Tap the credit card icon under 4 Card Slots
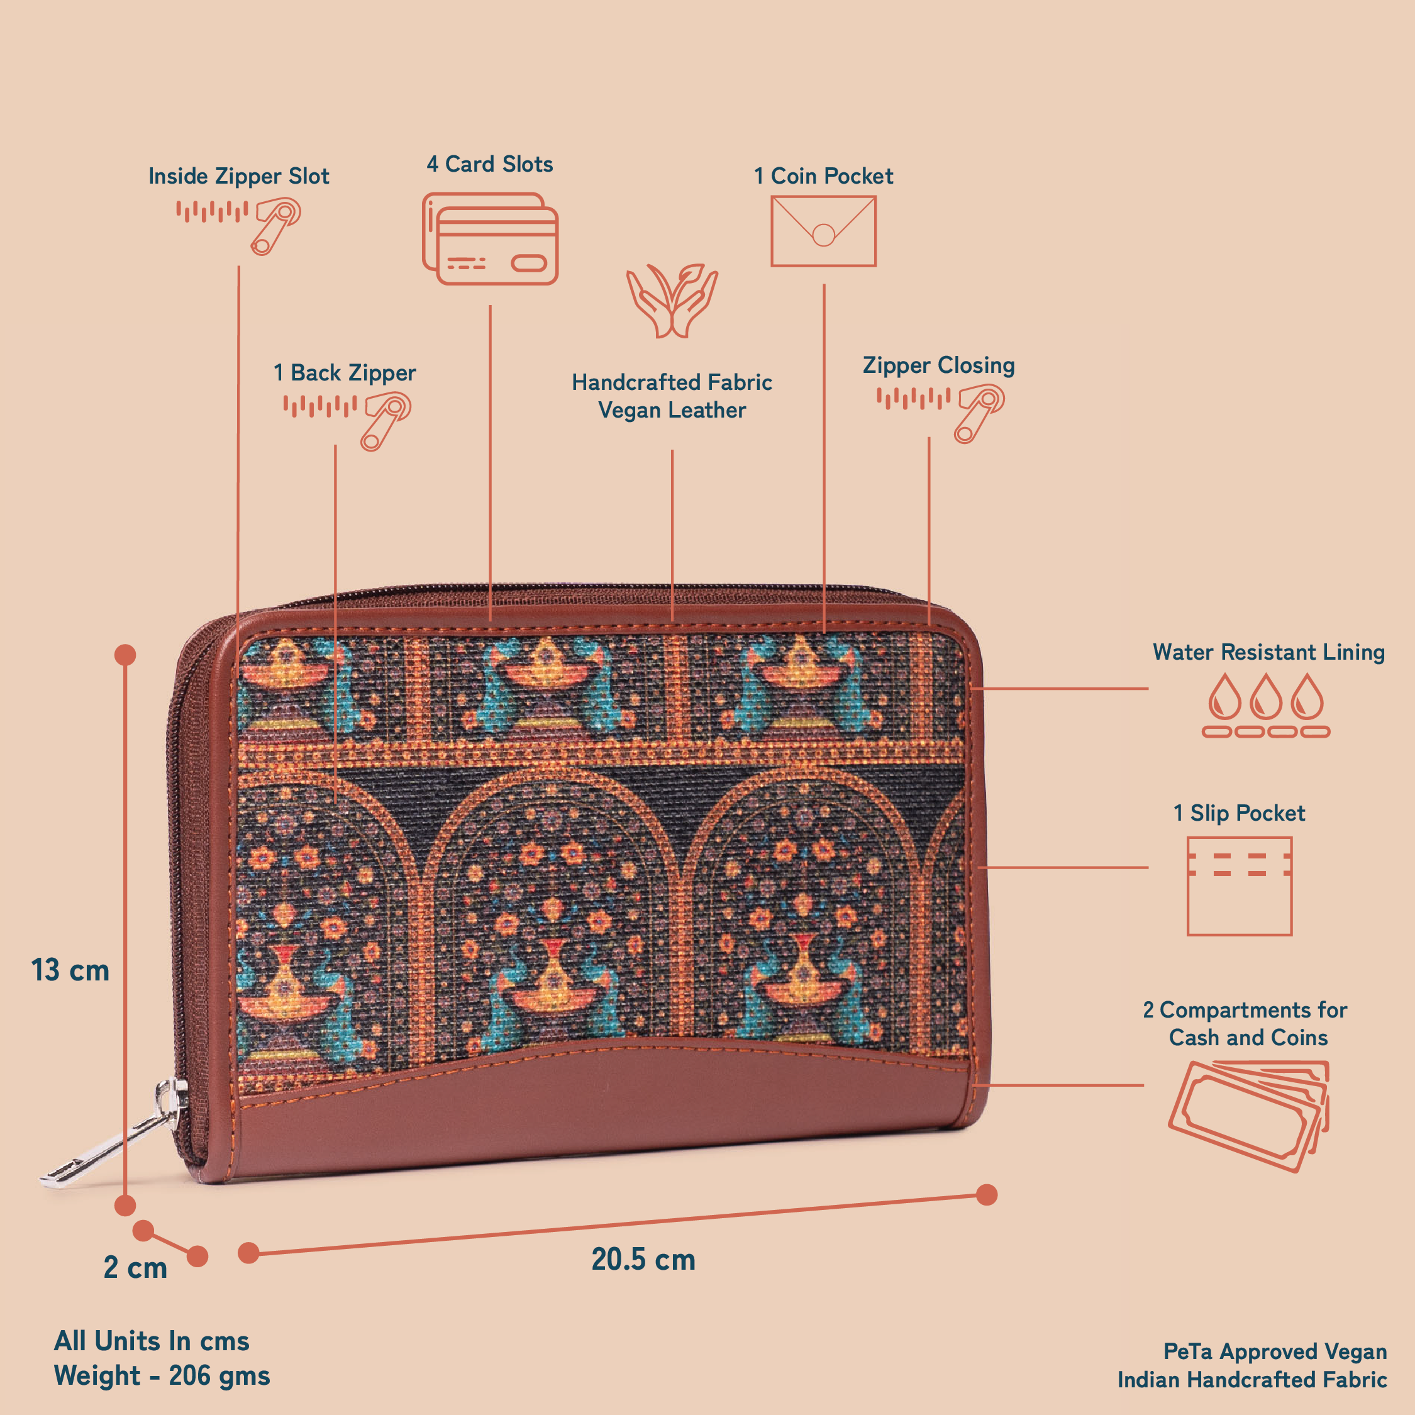(490, 239)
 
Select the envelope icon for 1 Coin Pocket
(823, 231)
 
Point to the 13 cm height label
(70, 970)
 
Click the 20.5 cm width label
(643, 1260)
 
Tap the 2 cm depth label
(135, 1268)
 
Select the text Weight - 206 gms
(162, 1375)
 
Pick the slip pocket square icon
(1239, 885)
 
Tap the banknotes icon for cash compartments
(1249, 1114)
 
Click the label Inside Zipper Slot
(239, 177)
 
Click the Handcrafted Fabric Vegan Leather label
(672, 396)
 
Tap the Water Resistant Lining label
(1268, 652)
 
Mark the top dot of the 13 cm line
(125, 655)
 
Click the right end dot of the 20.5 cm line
(987, 1194)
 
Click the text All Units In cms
(152, 1341)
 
